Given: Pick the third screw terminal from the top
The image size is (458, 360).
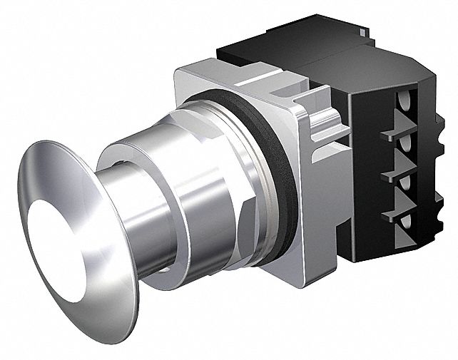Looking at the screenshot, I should pos(407,189).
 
